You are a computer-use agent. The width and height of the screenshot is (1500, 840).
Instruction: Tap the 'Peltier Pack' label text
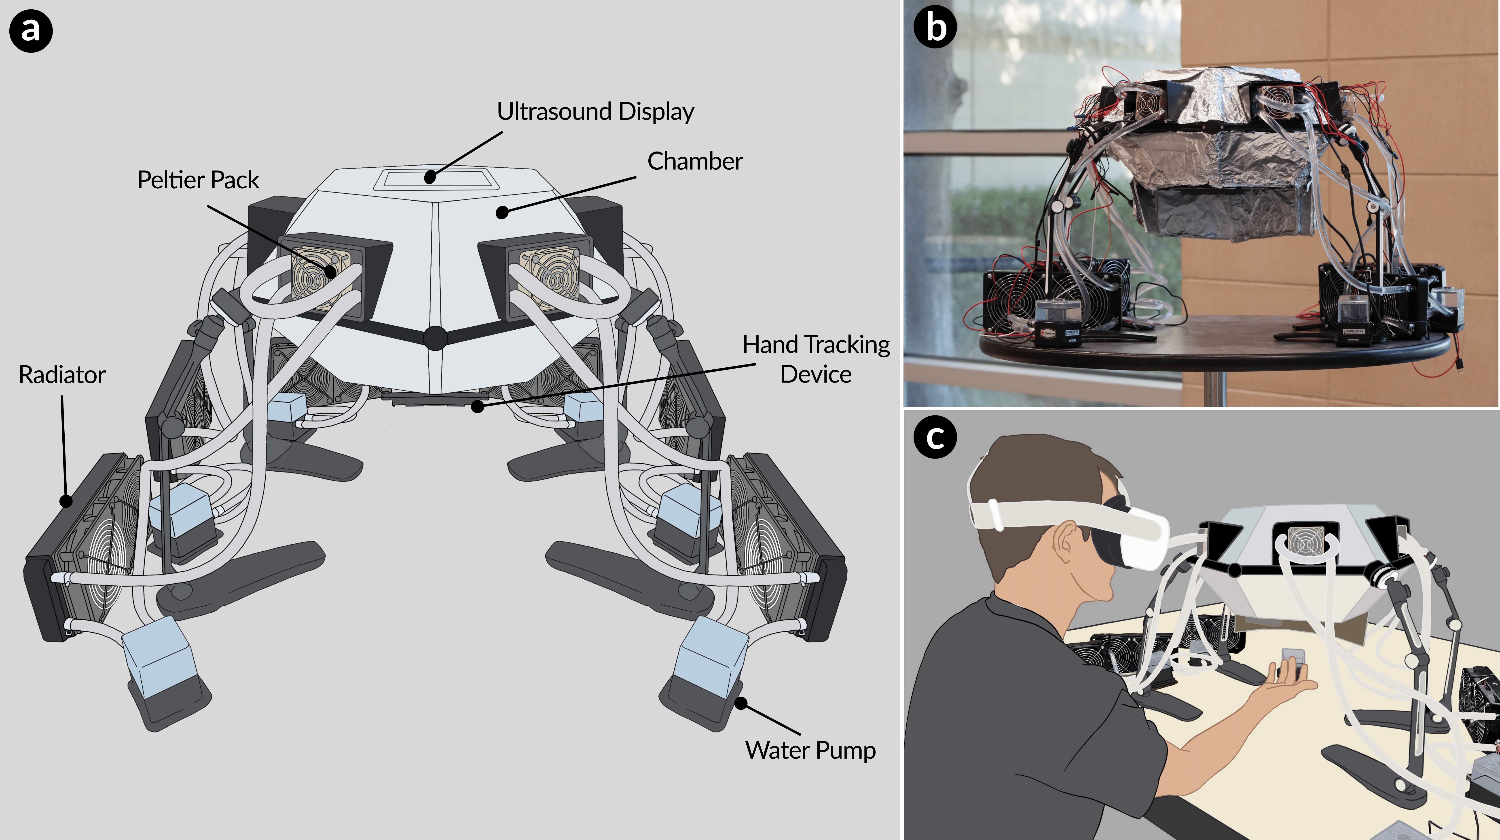click(198, 180)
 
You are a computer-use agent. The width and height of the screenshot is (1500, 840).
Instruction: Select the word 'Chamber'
click(695, 161)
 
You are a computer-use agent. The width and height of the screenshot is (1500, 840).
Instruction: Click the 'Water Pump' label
click(810, 750)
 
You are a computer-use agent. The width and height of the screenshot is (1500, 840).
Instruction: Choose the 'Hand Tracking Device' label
click(816, 359)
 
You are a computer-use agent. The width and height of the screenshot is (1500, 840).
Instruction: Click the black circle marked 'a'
click(31, 30)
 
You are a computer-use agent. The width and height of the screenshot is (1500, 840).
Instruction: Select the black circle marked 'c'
click(935, 437)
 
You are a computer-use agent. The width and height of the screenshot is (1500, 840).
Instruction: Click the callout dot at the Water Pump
click(741, 703)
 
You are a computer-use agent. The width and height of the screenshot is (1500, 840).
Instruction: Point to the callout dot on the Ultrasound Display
click(430, 176)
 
